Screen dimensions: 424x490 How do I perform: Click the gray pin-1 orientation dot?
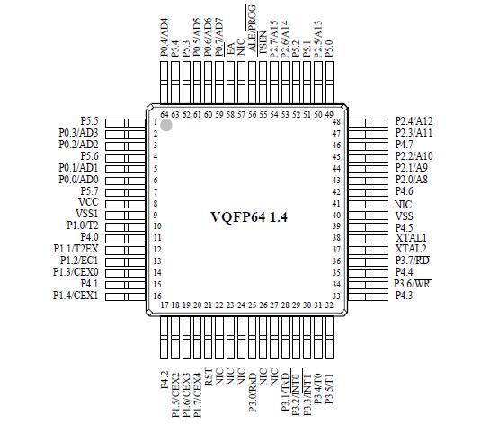point(166,125)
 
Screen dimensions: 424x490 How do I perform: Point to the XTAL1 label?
point(410,237)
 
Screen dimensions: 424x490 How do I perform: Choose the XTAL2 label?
point(410,249)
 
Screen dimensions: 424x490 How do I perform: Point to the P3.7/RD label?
point(412,261)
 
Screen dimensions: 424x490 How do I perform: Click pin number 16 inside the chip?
point(156,296)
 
